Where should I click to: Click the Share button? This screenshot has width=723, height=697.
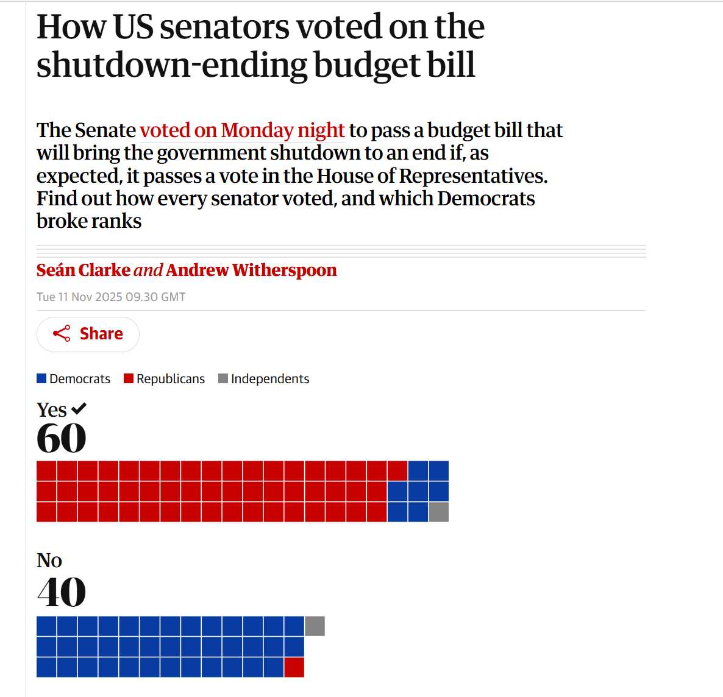[88, 334]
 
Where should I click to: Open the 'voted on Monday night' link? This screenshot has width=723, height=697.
[242, 130]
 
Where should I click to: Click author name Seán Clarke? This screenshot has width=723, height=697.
[83, 270]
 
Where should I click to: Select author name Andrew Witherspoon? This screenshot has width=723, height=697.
[251, 270]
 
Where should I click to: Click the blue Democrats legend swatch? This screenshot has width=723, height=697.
[41, 378]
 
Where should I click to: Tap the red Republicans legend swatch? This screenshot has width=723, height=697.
[129, 378]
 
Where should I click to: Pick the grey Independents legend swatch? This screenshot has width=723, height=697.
[223, 378]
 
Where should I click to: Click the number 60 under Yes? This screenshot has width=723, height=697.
[61, 438]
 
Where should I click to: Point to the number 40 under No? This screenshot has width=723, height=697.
[61, 592]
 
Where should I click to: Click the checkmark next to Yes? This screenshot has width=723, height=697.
[79, 409]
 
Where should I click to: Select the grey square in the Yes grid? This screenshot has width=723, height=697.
[439, 512]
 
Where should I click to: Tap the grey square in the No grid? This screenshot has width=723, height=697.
[315, 626]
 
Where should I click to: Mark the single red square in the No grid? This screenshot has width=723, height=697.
[294, 667]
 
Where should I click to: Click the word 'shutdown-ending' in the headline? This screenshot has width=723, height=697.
[172, 65]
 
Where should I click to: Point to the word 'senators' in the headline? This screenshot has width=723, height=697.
[224, 27]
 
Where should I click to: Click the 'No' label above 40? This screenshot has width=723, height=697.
[49, 561]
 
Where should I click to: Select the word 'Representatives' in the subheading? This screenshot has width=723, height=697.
[473, 176]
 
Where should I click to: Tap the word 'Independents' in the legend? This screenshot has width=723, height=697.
[270, 378]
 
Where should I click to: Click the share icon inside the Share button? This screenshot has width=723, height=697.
[61, 333]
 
